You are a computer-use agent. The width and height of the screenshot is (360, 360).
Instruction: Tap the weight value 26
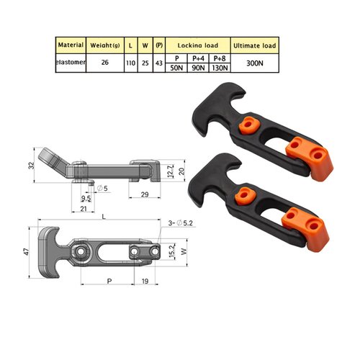click(105, 62)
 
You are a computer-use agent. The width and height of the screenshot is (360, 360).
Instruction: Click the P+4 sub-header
click(197, 56)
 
